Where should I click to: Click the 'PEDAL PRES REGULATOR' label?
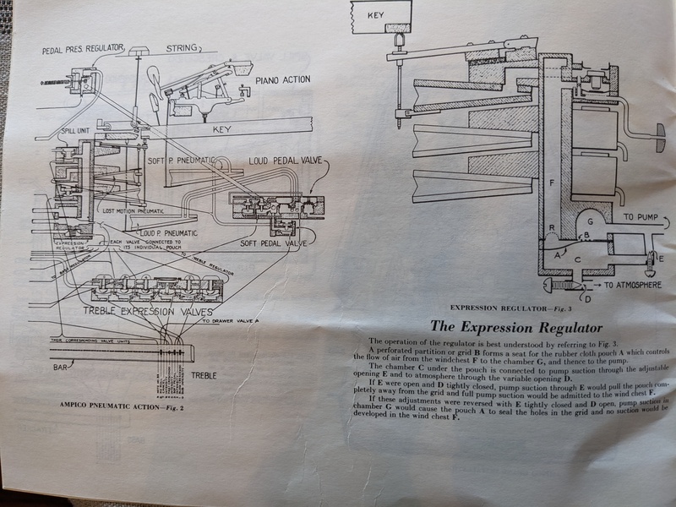pyautogui.click(x=83, y=50)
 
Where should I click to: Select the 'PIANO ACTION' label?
pyautogui.click(x=282, y=80)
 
